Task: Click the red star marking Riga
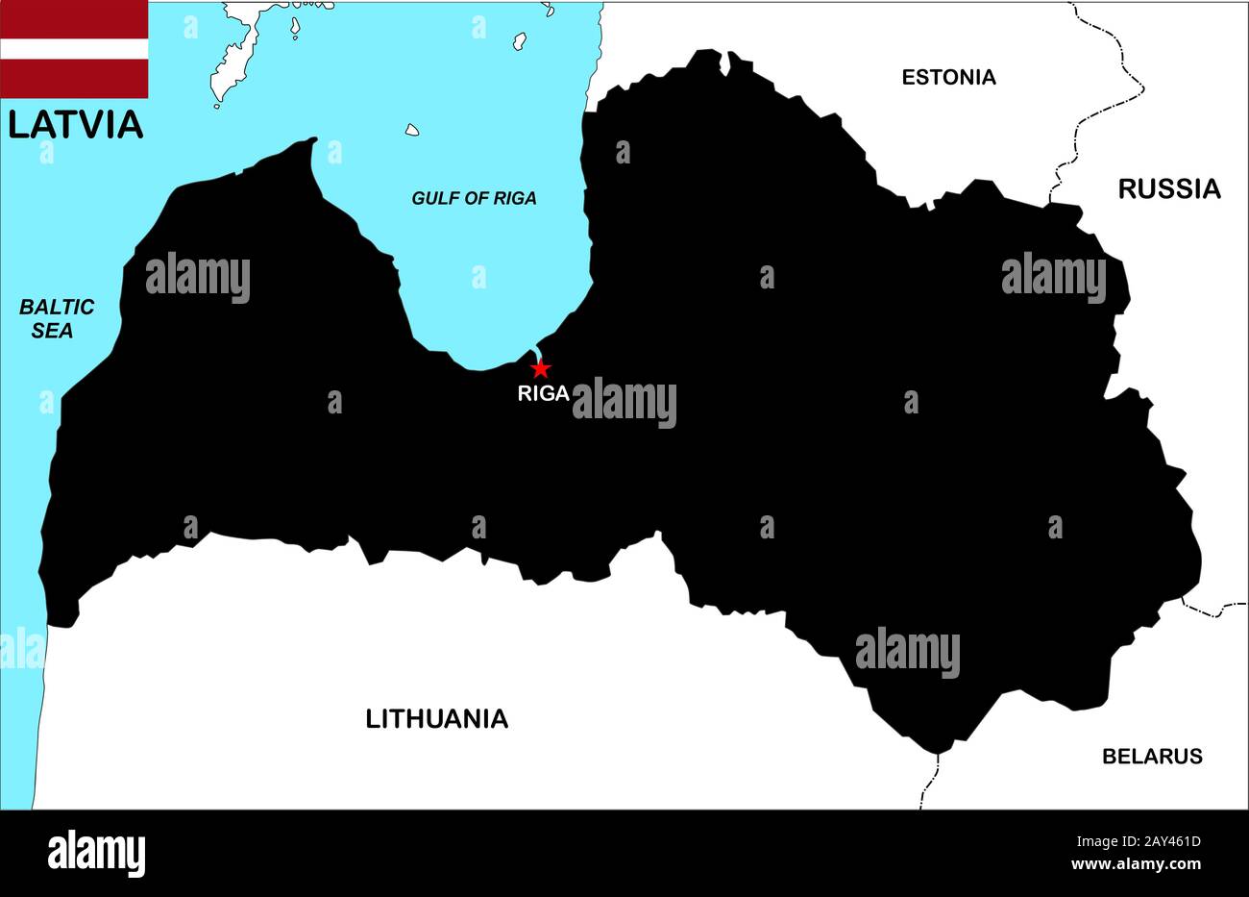(541, 368)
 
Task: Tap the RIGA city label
(543, 392)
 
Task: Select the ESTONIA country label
(948, 77)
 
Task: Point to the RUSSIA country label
(1168, 188)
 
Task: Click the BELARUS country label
(1151, 756)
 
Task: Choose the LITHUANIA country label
(436, 718)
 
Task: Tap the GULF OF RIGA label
(474, 198)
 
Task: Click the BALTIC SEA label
(58, 318)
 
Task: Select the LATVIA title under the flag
(76, 124)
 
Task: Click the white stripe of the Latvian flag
(74, 48)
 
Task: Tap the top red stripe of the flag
(74, 18)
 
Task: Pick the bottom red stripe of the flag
(74, 79)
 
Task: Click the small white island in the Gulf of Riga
(412, 129)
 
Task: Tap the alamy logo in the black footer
(96, 853)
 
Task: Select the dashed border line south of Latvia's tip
(929, 780)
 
